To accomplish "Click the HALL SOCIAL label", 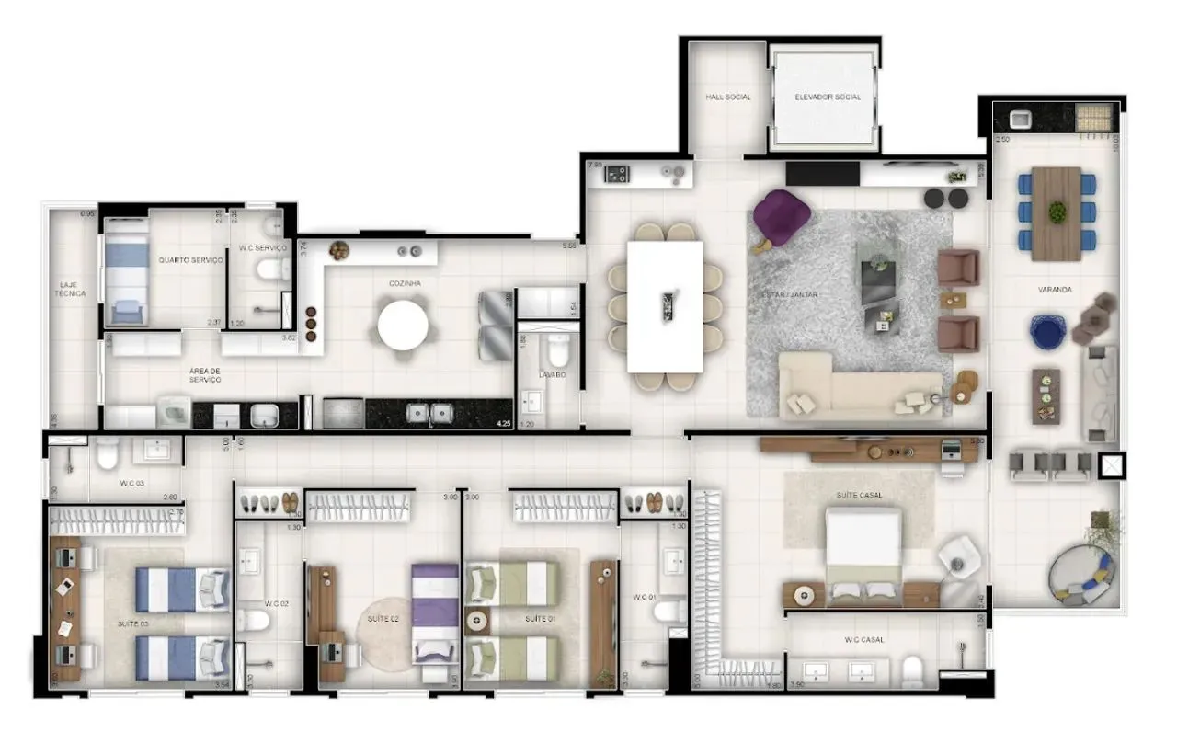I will tap(727, 97).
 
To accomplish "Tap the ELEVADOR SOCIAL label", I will tap(828, 97).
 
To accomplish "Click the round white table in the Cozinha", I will tap(403, 326).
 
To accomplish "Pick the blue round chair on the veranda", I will tap(1046, 332).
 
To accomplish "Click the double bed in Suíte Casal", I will tap(863, 556).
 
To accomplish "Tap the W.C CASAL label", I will tap(864, 640).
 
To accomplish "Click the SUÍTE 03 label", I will tap(132, 624).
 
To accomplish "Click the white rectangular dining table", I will tap(665, 306).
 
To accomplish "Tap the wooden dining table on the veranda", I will tap(1057, 213).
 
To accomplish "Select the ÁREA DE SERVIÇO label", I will tap(205, 375).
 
